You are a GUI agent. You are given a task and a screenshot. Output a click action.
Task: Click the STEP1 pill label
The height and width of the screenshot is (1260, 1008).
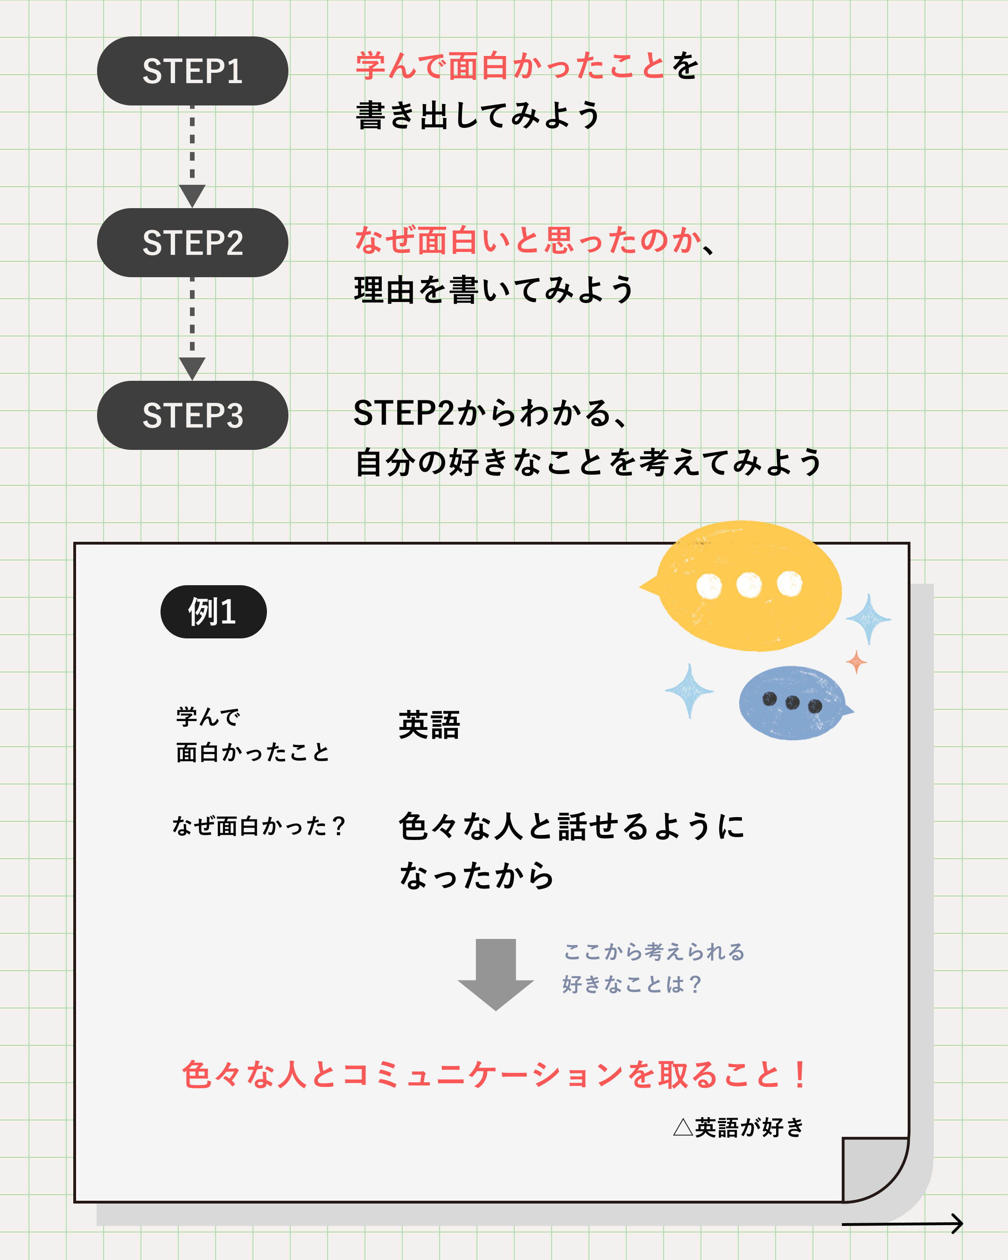[192, 71]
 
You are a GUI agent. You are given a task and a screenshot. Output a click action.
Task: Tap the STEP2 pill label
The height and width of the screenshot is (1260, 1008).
[192, 243]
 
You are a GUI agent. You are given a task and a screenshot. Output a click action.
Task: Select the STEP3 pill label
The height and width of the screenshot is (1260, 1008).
[192, 415]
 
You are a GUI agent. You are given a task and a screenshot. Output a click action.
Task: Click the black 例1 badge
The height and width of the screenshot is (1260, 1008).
[213, 612]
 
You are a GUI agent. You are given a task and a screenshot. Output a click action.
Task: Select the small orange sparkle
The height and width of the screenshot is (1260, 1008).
[856, 662]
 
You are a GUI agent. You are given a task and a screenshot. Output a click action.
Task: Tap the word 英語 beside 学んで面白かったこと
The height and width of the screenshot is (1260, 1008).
[429, 725]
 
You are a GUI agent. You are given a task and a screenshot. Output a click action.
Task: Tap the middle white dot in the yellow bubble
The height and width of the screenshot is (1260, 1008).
[749, 584]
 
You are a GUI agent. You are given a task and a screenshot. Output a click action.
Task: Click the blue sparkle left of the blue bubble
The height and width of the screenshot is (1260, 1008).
[690, 691]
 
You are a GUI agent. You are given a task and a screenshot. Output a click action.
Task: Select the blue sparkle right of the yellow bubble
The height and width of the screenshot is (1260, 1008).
[869, 619]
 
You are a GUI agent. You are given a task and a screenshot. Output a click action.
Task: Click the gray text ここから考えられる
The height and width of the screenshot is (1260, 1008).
[654, 952]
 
